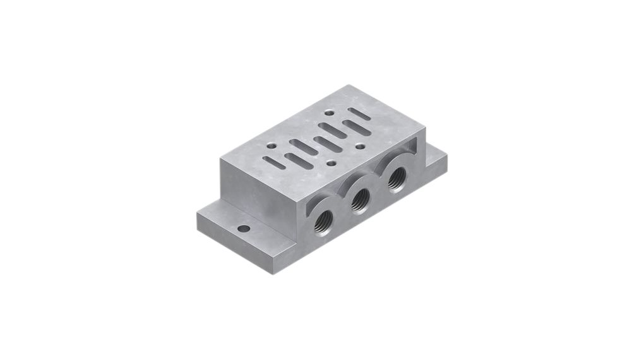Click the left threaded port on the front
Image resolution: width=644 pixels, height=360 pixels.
pyautogui.click(x=324, y=219)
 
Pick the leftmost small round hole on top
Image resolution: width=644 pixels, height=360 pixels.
pyautogui.click(x=271, y=145)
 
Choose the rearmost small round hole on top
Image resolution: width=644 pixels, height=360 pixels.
pyautogui.click(x=329, y=114)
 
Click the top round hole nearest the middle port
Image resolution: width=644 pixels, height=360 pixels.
pyautogui.click(x=331, y=163)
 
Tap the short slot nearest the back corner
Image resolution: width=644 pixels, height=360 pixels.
pyautogui.click(x=359, y=114)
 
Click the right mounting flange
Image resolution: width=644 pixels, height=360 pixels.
pyautogui.click(x=436, y=163)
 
